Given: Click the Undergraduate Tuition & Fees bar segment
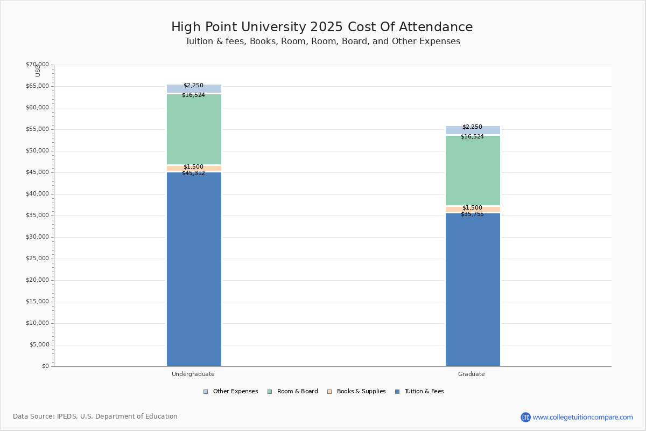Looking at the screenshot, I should [194, 269].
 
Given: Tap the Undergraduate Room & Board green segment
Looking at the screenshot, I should [194, 129].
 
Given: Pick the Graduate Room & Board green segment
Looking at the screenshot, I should [473, 170].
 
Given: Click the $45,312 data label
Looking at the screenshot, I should [193, 173].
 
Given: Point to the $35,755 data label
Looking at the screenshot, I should [472, 214].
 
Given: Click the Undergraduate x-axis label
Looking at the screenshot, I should [193, 374].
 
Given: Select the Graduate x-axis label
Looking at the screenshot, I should [472, 374].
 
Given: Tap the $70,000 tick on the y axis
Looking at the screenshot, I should [37, 65].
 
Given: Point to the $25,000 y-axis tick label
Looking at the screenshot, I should [37, 259].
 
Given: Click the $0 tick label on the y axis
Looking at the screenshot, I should [45, 366].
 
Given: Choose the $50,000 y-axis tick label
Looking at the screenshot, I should [37, 151].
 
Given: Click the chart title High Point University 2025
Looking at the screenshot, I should [322, 27].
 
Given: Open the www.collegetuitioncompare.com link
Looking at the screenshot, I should [583, 418].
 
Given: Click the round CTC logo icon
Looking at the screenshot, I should [525, 418].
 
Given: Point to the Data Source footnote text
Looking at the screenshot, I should [95, 416].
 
